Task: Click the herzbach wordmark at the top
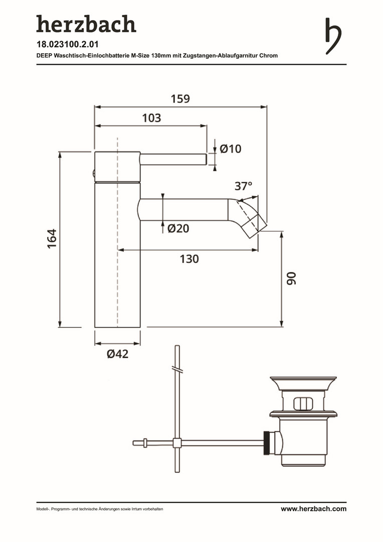click(x=86, y=24)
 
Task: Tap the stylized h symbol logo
click(x=333, y=36)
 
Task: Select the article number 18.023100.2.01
click(x=68, y=45)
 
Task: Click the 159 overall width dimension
click(x=180, y=99)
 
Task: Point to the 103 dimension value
click(x=151, y=118)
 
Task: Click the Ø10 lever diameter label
click(x=231, y=149)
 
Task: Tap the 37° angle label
click(x=244, y=186)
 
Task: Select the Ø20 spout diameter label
click(x=178, y=228)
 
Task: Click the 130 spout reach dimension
click(x=189, y=259)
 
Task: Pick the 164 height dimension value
click(x=52, y=238)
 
